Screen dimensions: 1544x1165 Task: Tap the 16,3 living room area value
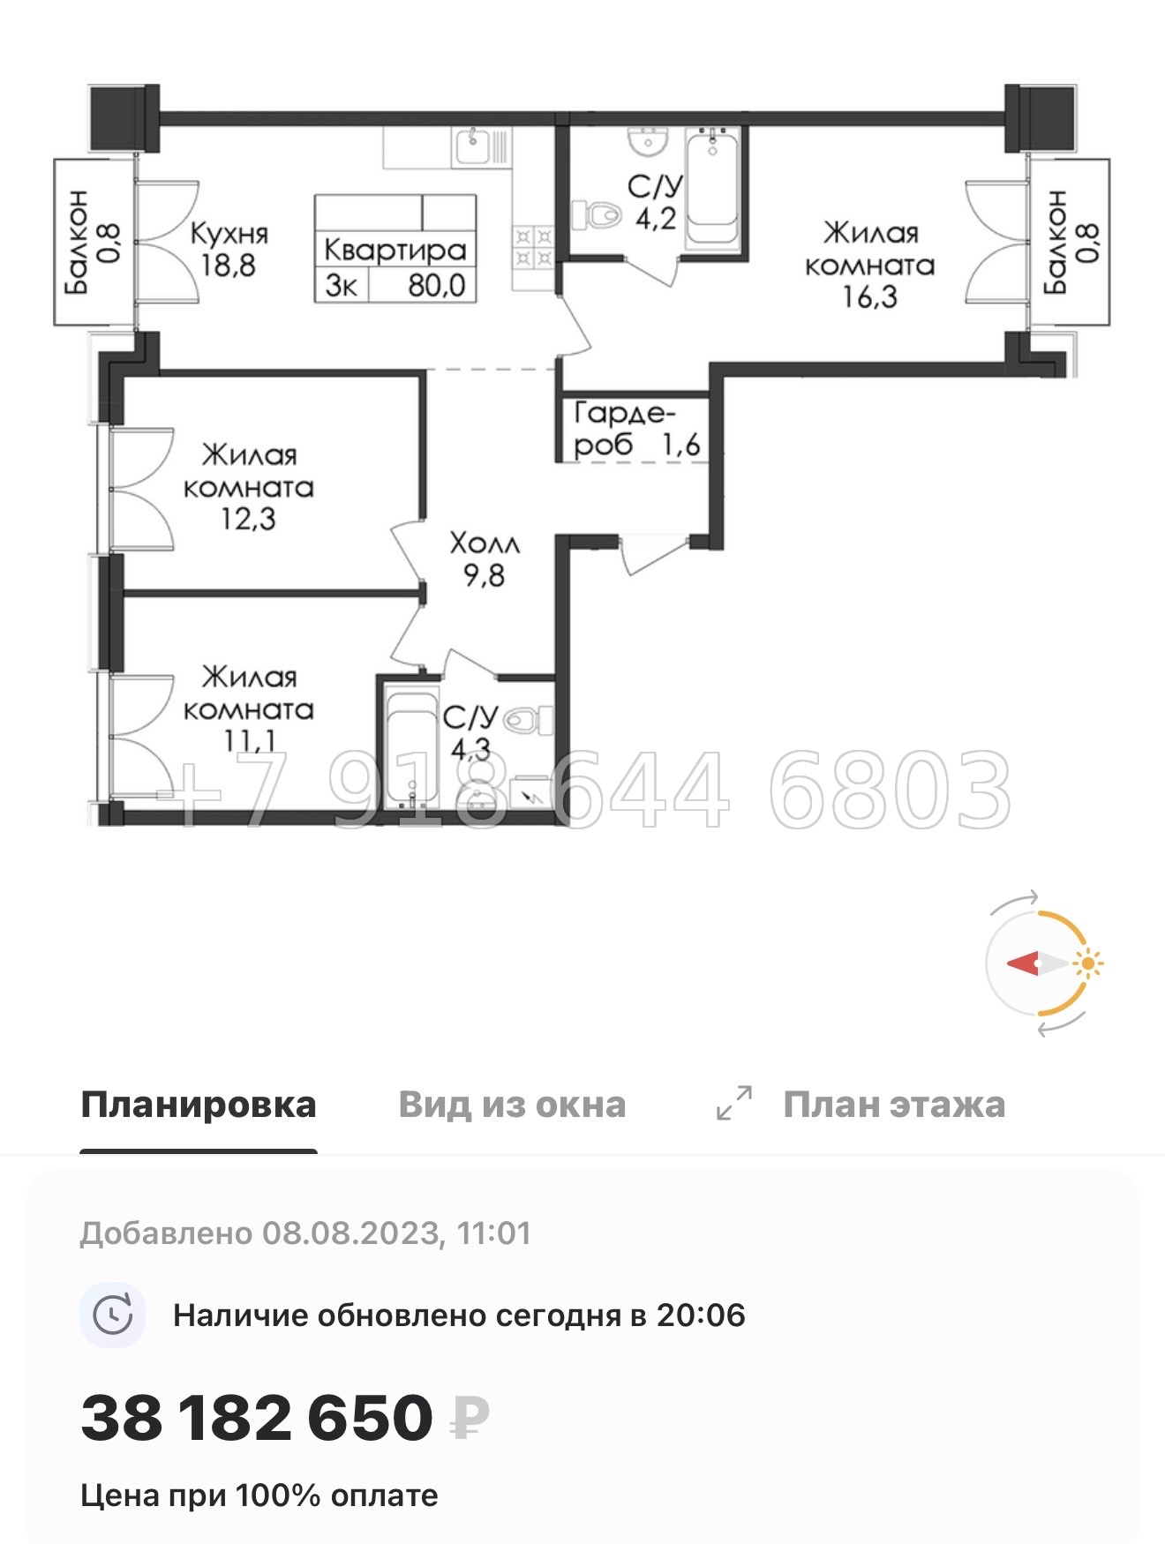click(x=869, y=297)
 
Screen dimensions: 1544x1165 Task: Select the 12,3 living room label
click(x=248, y=486)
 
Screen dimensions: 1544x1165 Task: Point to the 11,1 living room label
click(x=248, y=708)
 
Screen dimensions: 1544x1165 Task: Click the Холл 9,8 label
click(x=484, y=558)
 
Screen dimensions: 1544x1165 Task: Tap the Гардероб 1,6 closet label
click(x=635, y=429)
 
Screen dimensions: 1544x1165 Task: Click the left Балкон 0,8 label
click(x=92, y=241)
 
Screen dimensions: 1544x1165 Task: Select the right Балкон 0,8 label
click(x=1071, y=241)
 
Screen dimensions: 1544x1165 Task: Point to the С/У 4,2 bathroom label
click(x=655, y=202)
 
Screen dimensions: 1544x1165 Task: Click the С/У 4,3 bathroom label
click(x=470, y=732)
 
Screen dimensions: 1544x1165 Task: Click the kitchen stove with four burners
click(x=533, y=247)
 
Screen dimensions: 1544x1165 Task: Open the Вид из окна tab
click(x=512, y=1105)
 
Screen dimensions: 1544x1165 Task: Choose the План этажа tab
click(x=893, y=1105)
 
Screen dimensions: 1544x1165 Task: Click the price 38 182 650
click(x=257, y=1418)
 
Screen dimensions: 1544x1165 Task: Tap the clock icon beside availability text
click(x=113, y=1315)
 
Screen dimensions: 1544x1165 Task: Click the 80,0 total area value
click(x=436, y=286)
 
